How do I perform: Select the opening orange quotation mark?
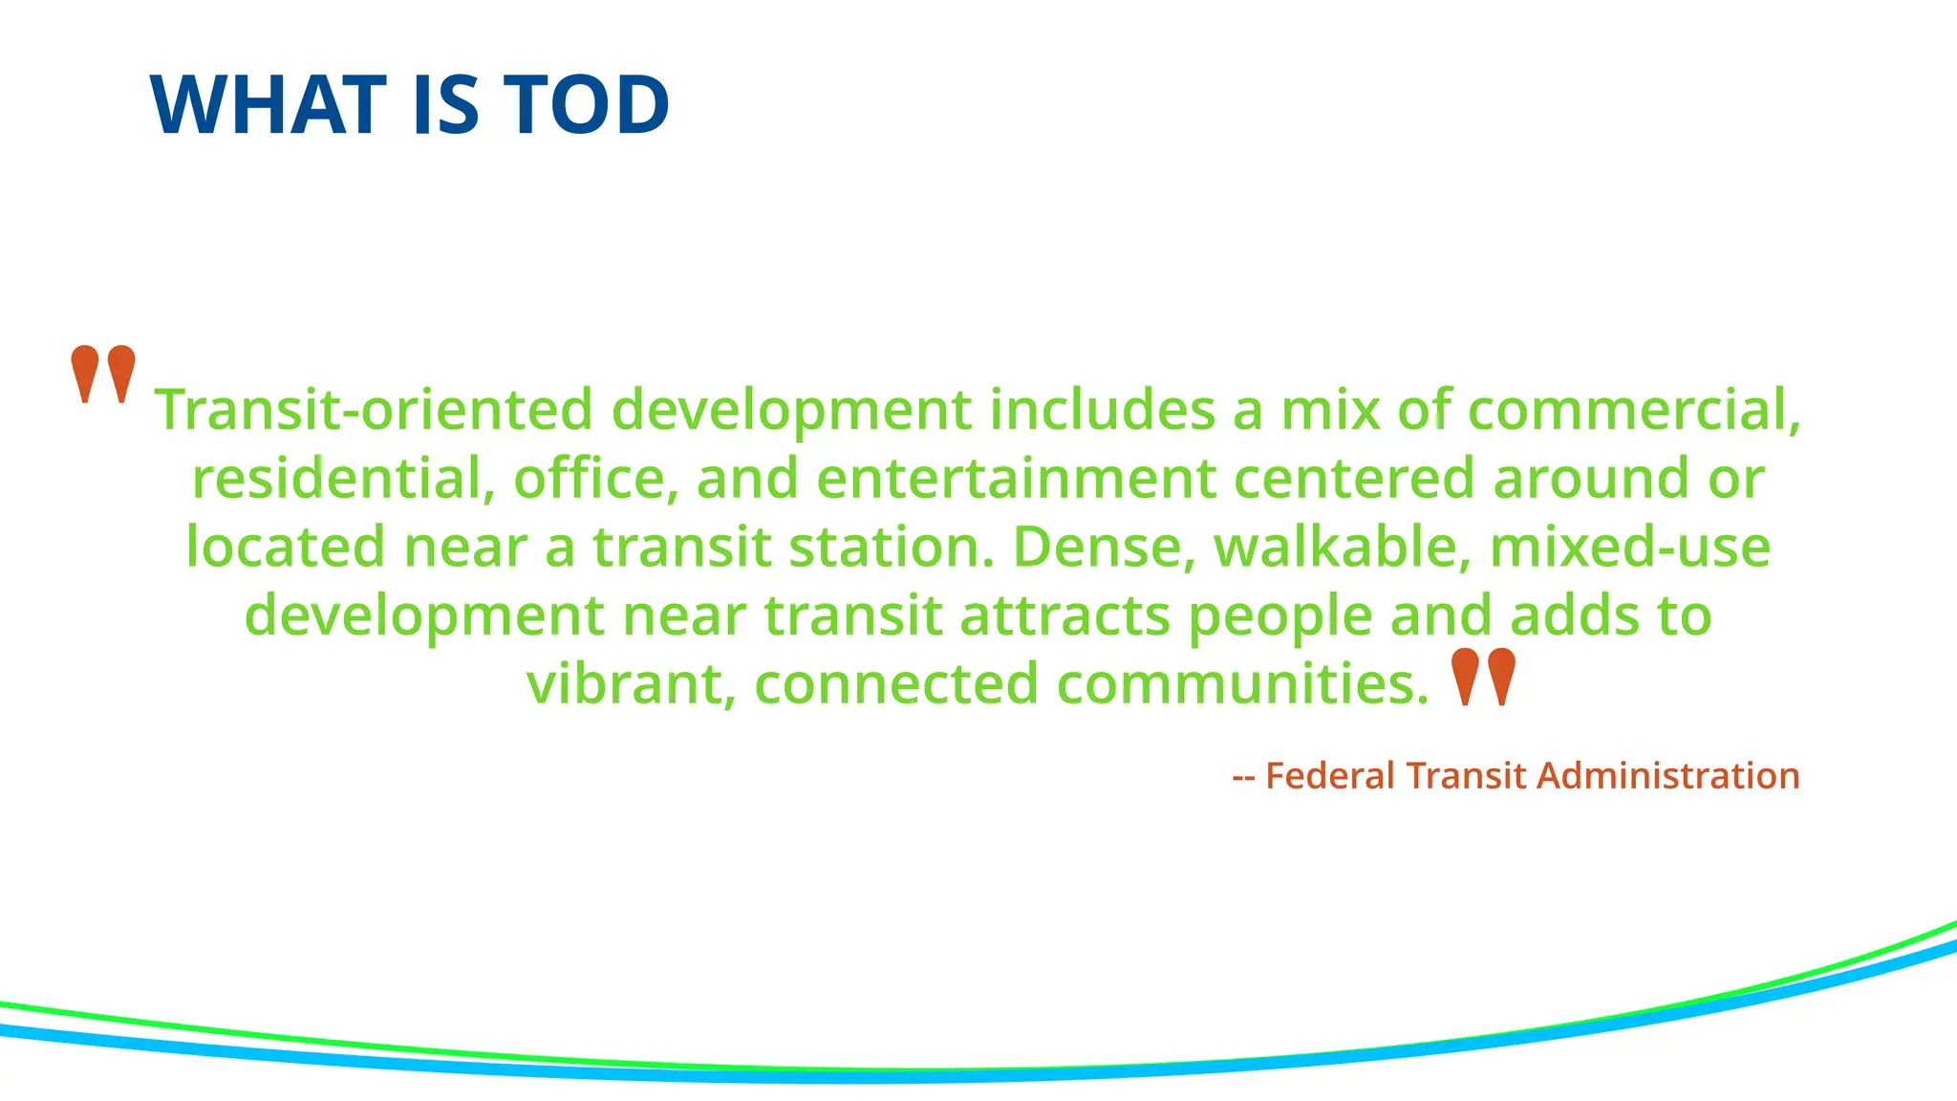click(103, 374)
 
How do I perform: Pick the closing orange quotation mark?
click(1483, 677)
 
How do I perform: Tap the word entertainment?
click(1016, 478)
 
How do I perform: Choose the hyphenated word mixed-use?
click(1629, 547)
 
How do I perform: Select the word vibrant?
click(631, 684)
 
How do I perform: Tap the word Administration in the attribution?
click(1668, 775)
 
